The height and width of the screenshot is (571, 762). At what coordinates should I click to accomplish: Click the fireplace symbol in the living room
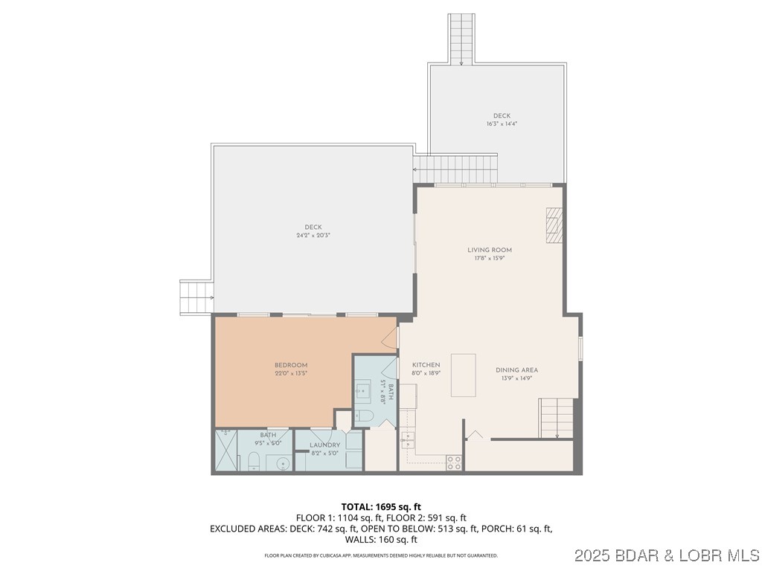(x=552, y=225)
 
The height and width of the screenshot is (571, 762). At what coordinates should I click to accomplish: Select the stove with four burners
(x=453, y=460)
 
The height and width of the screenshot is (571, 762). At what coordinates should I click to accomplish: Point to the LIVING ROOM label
(x=489, y=250)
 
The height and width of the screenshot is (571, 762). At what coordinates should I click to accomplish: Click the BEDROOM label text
(x=291, y=364)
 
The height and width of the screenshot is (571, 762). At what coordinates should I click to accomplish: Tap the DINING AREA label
(x=516, y=370)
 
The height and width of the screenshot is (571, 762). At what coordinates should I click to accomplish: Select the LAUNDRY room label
(x=324, y=445)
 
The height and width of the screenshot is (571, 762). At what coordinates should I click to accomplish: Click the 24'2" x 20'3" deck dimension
(x=313, y=235)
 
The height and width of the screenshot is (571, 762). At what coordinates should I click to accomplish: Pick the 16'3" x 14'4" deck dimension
(x=502, y=123)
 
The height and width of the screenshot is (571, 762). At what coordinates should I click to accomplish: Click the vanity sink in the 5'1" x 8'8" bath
(x=365, y=389)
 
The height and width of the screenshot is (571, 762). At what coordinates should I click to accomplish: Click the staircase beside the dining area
(x=557, y=418)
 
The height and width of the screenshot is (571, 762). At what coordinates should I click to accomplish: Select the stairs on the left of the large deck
(x=196, y=297)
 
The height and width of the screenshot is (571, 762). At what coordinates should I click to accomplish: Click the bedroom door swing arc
(x=388, y=340)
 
